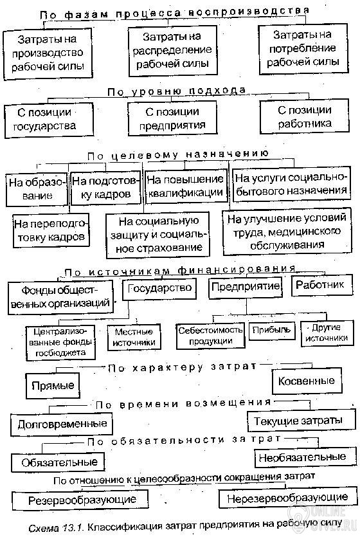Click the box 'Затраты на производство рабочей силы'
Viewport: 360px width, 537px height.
48,54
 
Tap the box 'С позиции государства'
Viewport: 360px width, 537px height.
49,120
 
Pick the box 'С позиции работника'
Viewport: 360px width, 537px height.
304,116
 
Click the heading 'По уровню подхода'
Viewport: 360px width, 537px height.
177,91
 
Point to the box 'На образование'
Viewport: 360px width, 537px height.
37,190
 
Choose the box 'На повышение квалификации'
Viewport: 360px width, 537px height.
186,187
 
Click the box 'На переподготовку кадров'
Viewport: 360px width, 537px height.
51,231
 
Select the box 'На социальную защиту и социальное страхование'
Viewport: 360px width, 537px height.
157,235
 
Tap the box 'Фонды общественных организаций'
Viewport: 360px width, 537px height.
60,297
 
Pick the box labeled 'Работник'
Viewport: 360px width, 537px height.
321,286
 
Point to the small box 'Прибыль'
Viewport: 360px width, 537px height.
271,331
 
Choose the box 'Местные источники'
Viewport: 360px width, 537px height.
134,338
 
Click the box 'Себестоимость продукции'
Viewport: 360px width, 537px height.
210,336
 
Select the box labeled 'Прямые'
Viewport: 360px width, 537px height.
53,386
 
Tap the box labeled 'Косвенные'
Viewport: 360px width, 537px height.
307,381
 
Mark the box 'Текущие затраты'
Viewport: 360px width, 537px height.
298,421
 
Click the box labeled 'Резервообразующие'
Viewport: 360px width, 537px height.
80,500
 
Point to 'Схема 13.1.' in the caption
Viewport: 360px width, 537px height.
57,528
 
